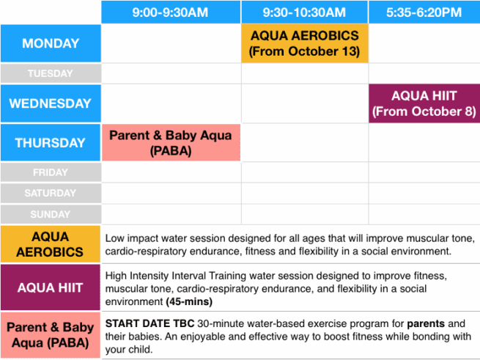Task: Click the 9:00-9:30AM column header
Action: point(170,12)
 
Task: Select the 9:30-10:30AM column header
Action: point(304,12)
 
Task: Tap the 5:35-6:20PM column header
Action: point(424,12)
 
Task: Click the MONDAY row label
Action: point(51,43)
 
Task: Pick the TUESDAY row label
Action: point(51,73)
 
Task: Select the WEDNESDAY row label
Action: point(51,103)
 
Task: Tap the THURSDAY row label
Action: point(51,143)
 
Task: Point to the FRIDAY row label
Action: point(51,173)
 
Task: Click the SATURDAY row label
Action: point(51,194)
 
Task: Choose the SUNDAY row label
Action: point(51,215)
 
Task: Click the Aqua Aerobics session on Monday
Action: point(304,43)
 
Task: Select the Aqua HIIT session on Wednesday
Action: point(424,103)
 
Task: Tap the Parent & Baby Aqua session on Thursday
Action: point(170,143)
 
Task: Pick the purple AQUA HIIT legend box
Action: point(51,288)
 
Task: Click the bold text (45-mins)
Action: point(188,301)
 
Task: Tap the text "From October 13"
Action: point(304,51)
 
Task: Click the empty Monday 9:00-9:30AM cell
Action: point(170,43)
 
